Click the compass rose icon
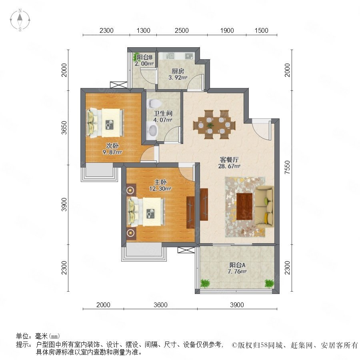20,20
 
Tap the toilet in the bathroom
153,104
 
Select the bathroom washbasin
152,131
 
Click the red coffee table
244,206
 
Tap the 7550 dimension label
287,167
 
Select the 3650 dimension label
64,128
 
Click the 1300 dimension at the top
143,30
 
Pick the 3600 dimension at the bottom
160,305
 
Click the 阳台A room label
237,265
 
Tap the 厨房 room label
178,71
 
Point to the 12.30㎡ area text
160,189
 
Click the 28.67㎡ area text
229,166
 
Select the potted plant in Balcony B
135,57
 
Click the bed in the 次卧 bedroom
105,123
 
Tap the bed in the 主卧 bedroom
146,212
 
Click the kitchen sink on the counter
171,56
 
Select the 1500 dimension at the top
261,30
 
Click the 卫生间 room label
163,113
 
